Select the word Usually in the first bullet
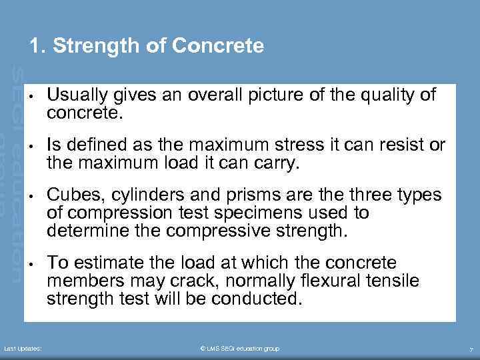[x=74, y=95]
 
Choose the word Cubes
[x=71, y=195]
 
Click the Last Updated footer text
[x=24, y=349]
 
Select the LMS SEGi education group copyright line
[x=240, y=349]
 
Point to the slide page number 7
[x=471, y=349]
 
